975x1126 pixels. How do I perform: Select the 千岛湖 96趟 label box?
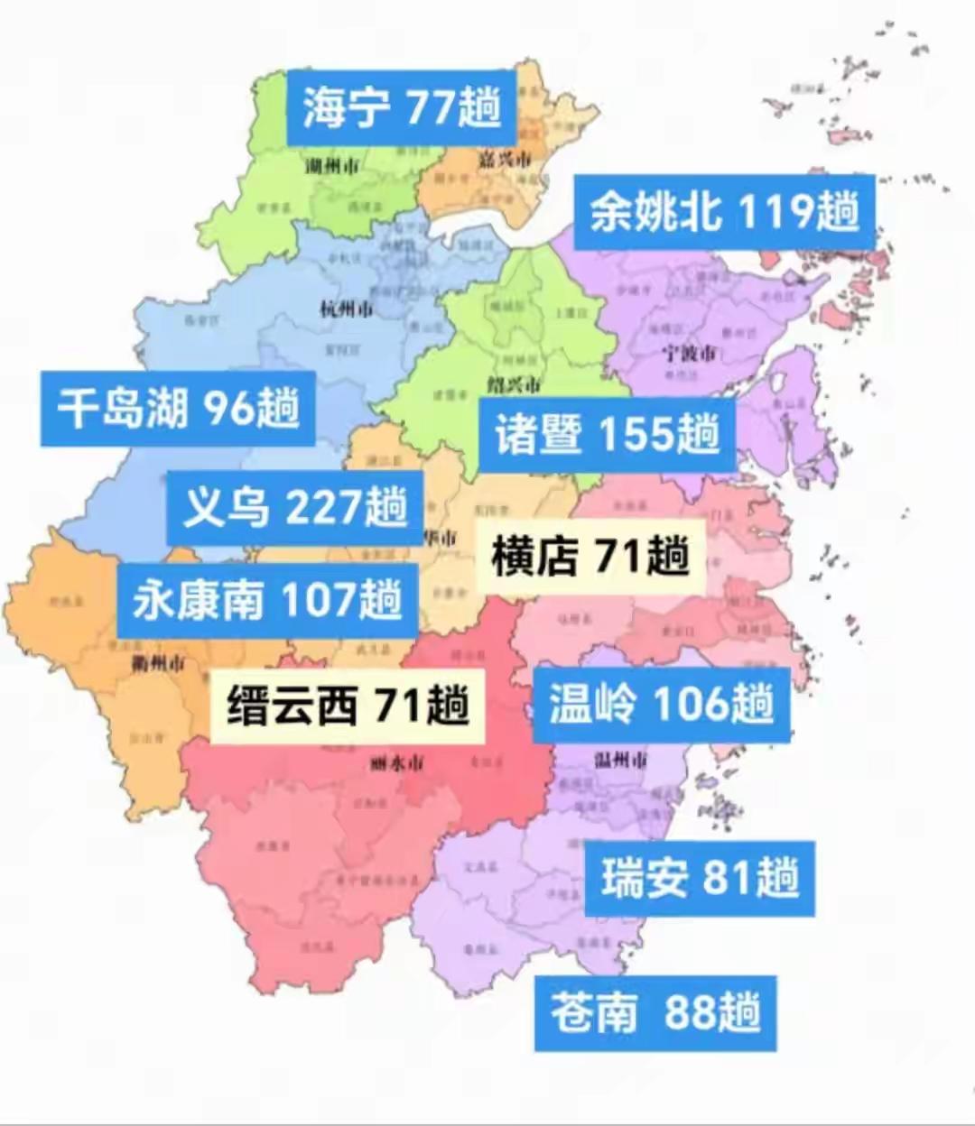(178, 409)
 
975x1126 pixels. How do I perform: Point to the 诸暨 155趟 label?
(607, 436)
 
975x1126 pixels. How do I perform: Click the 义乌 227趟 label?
(294, 508)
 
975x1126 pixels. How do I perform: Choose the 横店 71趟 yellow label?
(590, 556)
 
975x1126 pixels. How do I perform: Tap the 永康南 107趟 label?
(267, 600)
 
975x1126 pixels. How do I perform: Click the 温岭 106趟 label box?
(661, 704)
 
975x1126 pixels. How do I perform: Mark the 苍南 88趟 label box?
(655, 1012)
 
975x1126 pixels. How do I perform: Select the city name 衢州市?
(158, 664)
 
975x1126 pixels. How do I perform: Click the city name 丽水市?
(396, 764)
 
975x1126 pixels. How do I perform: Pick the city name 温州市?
(620, 760)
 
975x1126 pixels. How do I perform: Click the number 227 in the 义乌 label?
(322, 508)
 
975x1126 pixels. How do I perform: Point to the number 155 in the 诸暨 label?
(636, 436)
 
